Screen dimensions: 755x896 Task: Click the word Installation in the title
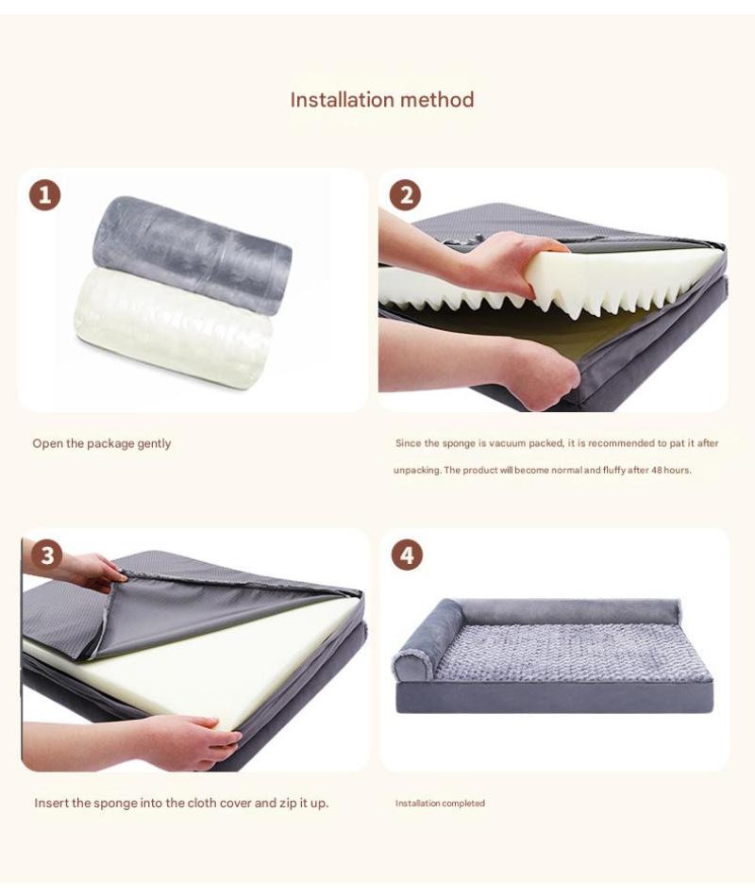[343, 99]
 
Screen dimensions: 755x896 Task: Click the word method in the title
[438, 99]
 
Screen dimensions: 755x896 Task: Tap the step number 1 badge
[44, 195]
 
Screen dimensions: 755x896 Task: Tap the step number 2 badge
[405, 195]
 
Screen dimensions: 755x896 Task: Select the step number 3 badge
[47, 555]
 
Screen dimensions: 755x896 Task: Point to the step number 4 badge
[408, 555]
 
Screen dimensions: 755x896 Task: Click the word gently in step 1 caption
[154, 444]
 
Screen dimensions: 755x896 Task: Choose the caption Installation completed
[440, 803]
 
